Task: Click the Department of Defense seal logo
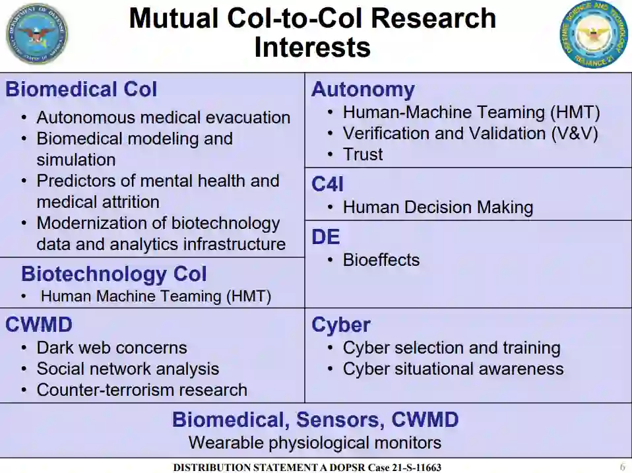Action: [x=36, y=34]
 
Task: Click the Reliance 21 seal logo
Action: [x=594, y=34]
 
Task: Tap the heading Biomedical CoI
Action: [x=81, y=90]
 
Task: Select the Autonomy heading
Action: [x=363, y=90]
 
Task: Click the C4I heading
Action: [x=327, y=185]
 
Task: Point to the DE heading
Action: [x=326, y=237]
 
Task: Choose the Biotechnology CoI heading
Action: [x=113, y=274]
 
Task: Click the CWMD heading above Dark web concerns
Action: [x=39, y=325]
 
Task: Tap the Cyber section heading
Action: [x=340, y=325]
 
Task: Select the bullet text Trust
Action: [x=363, y=154]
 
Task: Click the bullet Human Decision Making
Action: [x=437, y=207]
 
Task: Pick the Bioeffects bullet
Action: [x=381, y=260]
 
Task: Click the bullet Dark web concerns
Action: [x=111, y=348]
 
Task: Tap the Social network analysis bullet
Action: [x=127, y=369]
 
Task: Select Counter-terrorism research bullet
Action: [x=142, y=390]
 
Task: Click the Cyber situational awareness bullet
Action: [x=453, y=369]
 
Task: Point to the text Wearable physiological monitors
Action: [x=315, y=442]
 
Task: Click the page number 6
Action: [x=622, y=466]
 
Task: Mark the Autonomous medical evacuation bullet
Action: [x=163, y=117]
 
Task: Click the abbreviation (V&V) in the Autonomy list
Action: [x=575, y=133]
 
